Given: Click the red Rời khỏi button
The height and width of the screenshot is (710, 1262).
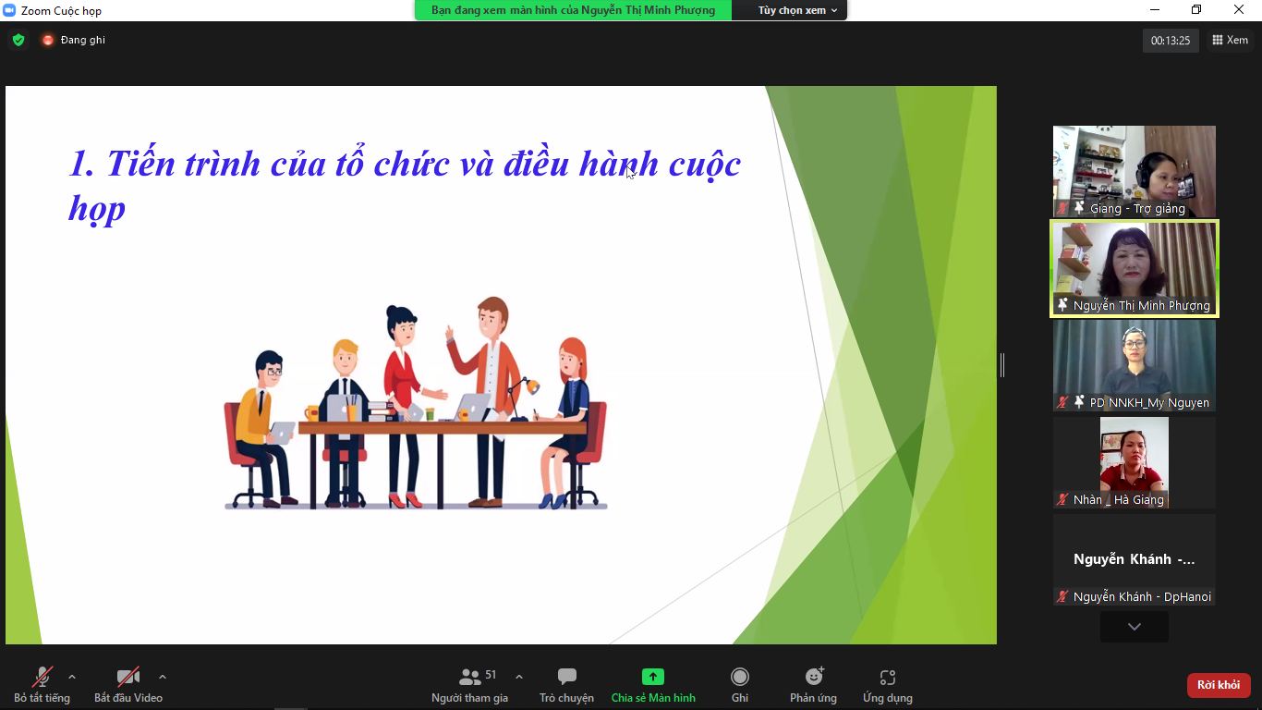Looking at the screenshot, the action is pyautogui.click(x=1218, y=685).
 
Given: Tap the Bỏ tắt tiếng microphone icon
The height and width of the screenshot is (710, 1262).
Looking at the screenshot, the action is pyautogui.click(x=42, y=677).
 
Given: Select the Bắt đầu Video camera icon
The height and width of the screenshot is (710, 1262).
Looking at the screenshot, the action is pyautogui.click(x=127, y=677).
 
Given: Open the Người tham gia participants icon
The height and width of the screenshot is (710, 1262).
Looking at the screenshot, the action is pyautogui.click(x=470, y=676).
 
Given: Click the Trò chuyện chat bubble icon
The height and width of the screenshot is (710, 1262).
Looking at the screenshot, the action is pyautogui.click(x=566, y=676).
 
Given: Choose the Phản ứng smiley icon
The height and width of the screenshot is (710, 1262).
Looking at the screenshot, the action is pyautogui.click(x=814, y=676).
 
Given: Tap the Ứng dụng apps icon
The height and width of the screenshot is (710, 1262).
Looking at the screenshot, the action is pyautogui.click(x=887, y=677).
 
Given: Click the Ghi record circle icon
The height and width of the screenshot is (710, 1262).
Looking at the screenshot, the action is pyautogui.click(x=740, y=676).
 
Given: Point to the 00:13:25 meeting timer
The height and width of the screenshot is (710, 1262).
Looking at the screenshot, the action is pyautogui.click(x=1171, y=41).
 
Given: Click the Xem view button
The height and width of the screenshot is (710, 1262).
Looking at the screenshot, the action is pyautogui.click(x=1230, y=40).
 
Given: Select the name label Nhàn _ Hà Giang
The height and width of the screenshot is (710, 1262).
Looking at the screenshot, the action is pyautogui.click(x=1118, y=499).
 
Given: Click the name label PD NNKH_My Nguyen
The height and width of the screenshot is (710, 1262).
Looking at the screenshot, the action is pyautogui.click(x=1149, y=403).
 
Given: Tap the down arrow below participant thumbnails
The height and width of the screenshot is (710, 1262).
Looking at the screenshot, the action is pyautogui.click(x=1135, y=627).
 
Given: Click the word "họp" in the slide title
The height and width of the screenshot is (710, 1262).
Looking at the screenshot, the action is pyautogui.click(x=97, y=210).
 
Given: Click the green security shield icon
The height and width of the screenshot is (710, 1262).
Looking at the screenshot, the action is pyautogui.click(x=18, y=40).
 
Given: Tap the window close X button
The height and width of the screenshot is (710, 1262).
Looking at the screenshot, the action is pyautogui.click(x=1239, y=9).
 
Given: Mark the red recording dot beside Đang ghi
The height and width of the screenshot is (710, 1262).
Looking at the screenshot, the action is pyautogui.click(x=48, y=40).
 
